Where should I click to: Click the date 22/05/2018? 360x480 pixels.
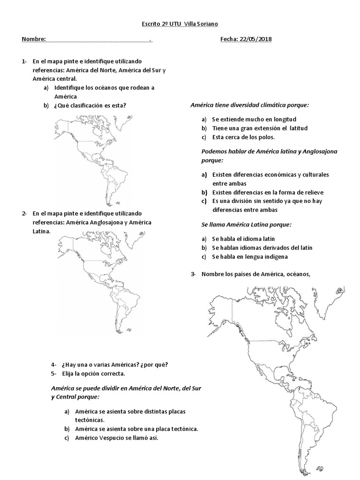[x=255, y=39]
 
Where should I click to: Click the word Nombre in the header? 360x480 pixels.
[x=34, y=39]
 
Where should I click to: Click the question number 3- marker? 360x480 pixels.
[x=193, y=274]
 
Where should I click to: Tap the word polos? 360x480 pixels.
[x=266, y=137]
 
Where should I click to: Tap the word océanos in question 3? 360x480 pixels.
[x=297, y=274]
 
